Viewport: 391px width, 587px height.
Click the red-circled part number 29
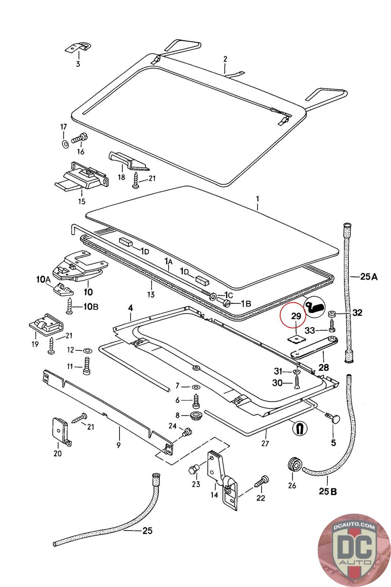coord(296,316)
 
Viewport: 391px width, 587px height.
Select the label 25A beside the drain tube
coord(368,277)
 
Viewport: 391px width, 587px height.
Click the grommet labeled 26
coord(294,465)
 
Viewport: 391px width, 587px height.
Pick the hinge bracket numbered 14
coord(221,477)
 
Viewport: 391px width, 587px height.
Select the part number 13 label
coord(151,294)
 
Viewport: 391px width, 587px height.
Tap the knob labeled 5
coord(334,419)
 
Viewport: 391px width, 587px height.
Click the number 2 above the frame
coord(225,59)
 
